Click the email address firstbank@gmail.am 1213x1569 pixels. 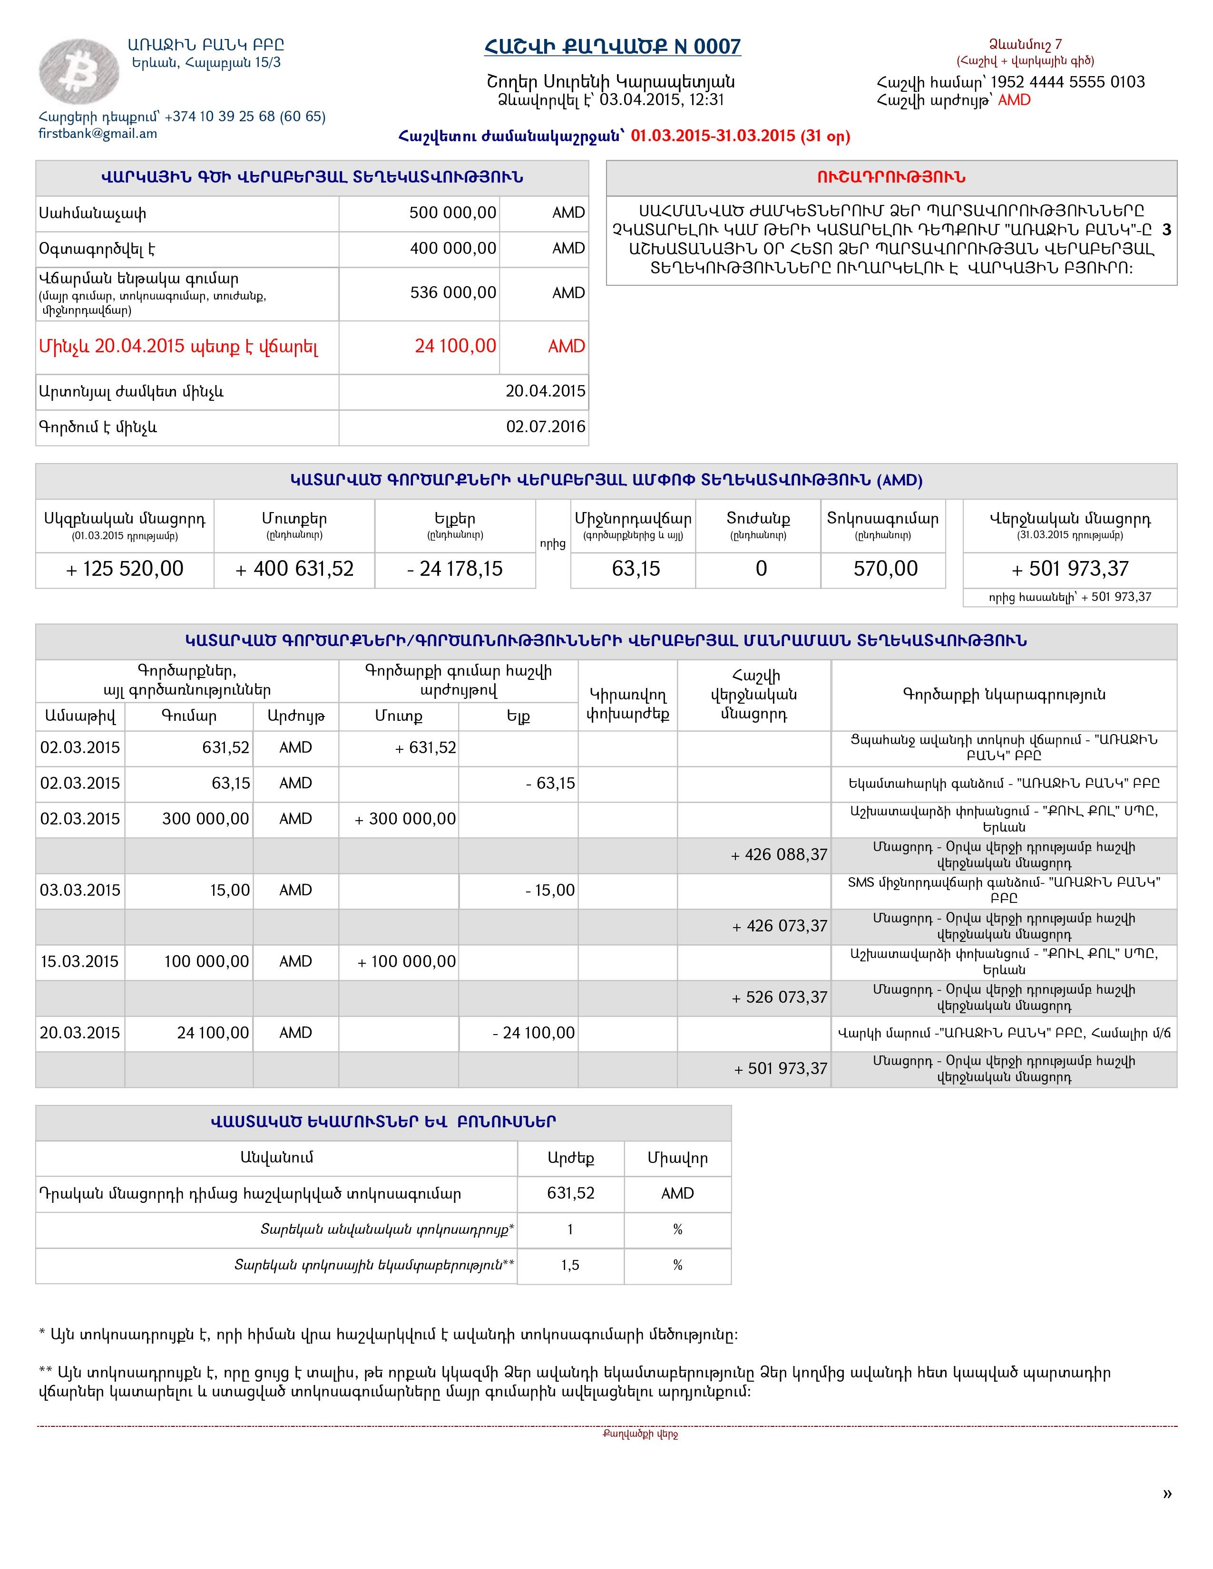tap(98, 134)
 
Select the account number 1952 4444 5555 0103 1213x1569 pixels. tap(1067, 82)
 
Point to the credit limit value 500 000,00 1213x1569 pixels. tap(453, 213)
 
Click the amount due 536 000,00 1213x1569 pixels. tap(453, 292)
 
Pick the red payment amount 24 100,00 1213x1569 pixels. tap(455, 346)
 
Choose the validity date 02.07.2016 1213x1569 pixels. tap(546, 427)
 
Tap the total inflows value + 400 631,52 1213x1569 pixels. tap(294, 569)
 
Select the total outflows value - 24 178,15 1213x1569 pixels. tap(455, 569)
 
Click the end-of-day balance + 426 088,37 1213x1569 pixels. tap(779, 855)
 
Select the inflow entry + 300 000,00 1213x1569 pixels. tap(405, 819)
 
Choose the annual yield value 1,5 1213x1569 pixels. tap(570, 1265)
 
